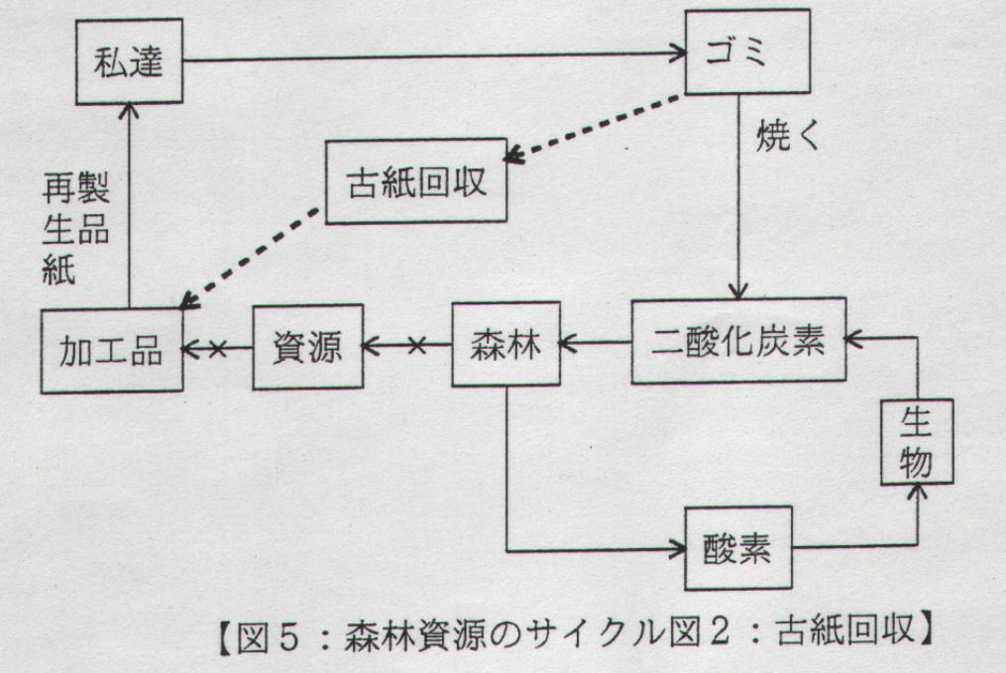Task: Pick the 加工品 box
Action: (112, 350)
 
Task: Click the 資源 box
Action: (307, 347)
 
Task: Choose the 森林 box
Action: (504, 345)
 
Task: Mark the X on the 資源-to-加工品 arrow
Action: (217, 348)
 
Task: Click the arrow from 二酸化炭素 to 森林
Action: (595, 344)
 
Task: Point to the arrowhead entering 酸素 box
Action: (679, 548)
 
